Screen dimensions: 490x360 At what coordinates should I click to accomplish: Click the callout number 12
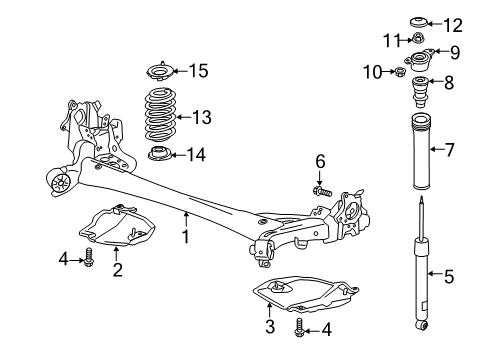452,25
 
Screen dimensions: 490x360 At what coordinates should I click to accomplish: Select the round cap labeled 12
418,23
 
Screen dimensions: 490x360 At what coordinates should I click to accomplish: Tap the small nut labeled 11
418,38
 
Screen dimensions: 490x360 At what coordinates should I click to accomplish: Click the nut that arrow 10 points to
400,71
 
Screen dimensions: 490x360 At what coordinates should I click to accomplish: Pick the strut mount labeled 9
419,60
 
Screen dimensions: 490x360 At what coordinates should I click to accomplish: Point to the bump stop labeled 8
421,92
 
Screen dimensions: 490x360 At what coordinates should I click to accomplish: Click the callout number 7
450,150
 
